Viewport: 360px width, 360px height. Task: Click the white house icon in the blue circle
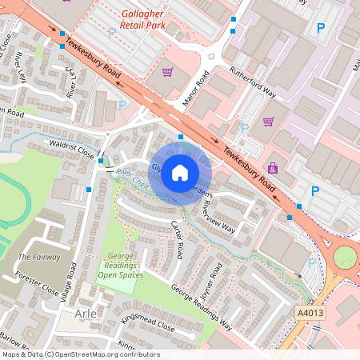180,172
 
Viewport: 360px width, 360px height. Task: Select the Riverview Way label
218,216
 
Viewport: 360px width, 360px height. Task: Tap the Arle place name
86,315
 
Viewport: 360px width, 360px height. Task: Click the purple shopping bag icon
274,168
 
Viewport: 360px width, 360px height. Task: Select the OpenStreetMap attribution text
80,354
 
